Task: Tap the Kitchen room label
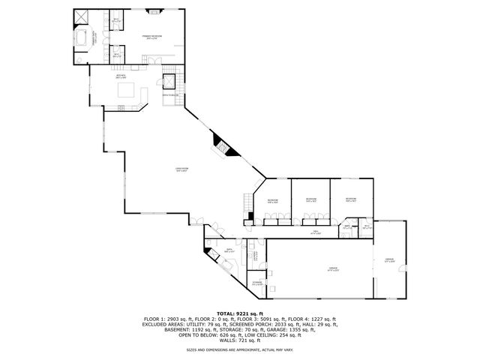click(x=120, y=76)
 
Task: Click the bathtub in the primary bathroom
click(x=82, y=39)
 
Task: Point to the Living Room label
click(x=181, y=169)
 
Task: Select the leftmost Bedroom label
click(x=273, y=200)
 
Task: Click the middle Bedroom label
click(x=311, y=199)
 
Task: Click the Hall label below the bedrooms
click(x=316, y=232)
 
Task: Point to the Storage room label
click(x=256, y=283)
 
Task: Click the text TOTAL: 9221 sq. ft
click(x=240, y=313)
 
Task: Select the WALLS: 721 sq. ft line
click(x=240, y=340)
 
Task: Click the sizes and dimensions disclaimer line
click(x=240, y=349)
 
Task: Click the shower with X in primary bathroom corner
click(x=81, y=16)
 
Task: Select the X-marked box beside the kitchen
click(x=169, y=80)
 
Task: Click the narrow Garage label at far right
click(x=389, y=259)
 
